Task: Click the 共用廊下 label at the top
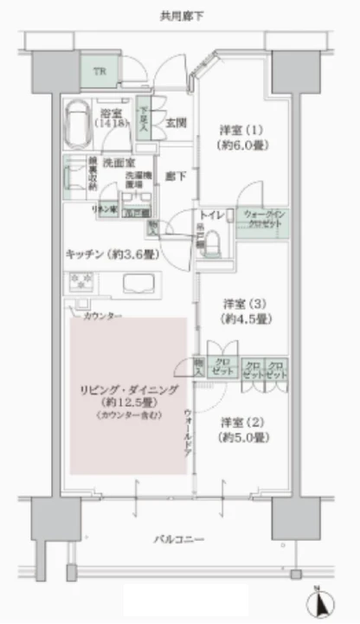click(x=179, y=16)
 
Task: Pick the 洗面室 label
click(x=116, y=162)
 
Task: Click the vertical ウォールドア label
click(x=188, y=434)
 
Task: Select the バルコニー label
click(x=179, y=541)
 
